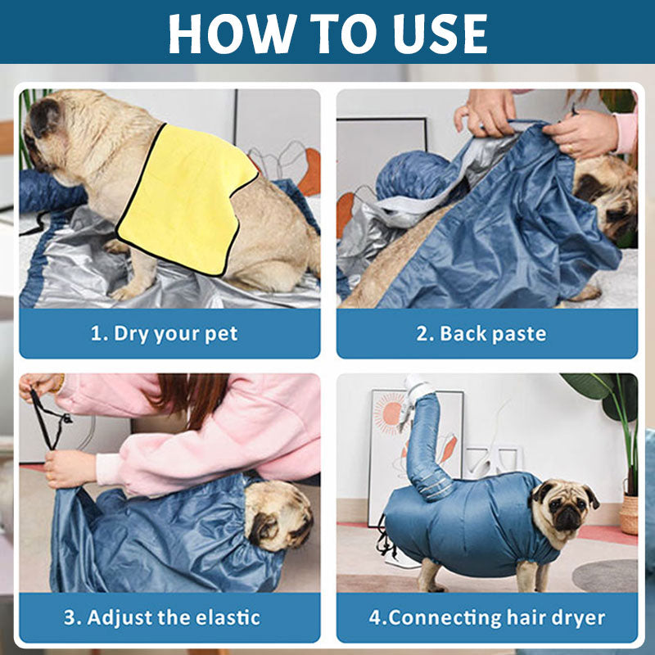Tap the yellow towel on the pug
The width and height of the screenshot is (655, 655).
pyautogui.click(x=187, y=200)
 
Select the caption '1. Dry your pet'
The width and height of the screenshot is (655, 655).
pyautogui.click(x=165, y=334)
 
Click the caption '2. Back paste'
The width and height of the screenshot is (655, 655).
pyautogui.click(x=481, y=334)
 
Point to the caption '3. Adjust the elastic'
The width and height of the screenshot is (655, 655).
pyautogui.click(x=162, y=617)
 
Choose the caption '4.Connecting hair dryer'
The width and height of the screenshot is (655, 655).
pyautogui.click(x=487, y=618)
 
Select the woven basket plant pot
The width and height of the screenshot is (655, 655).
pyautogui.click(x=629, y=515)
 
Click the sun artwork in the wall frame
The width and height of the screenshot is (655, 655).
pyautogui.click(x=391, y=413)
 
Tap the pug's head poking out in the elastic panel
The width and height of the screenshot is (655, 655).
pyautogui.click(x=278, y=516)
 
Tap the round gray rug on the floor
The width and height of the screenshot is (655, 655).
pyautogui.click(x=605, y=576)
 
